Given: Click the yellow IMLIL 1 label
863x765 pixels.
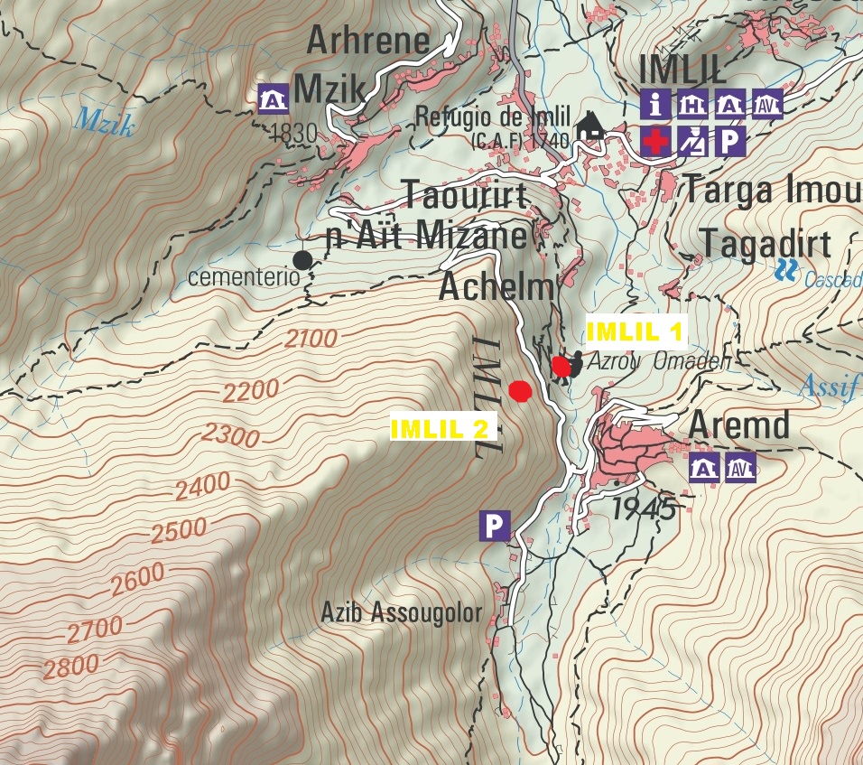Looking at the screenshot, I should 636,331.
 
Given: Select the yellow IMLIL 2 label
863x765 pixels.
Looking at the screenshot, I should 444,427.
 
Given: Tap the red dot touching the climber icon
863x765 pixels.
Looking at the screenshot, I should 561,366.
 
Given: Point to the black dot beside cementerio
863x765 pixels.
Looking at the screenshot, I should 302,260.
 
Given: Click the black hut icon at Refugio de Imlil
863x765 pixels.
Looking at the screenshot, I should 591,125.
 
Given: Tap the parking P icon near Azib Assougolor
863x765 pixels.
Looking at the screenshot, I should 494,526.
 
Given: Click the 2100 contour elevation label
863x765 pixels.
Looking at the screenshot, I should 310,340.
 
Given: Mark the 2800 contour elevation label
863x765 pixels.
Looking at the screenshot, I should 70,667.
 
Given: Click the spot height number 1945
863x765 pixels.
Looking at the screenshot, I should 645,509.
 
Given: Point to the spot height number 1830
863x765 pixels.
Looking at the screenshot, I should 293,134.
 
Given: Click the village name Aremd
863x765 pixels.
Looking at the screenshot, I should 739,424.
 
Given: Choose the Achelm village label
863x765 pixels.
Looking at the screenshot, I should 496,287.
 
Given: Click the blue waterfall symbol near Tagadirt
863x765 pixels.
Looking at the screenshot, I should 787,267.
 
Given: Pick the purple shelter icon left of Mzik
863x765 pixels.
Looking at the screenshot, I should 273,98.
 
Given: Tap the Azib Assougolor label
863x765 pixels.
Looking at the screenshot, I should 402,612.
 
